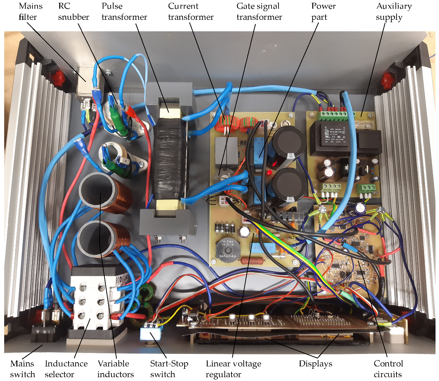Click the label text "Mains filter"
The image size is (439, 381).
click(30, 11)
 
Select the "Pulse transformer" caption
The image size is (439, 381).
click(124, 11)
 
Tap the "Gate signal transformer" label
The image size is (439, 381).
click(259, 11)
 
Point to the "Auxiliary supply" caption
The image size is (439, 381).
click(394, 11)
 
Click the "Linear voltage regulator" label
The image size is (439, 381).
click(233, 369)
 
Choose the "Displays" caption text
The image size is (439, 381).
click(315, 364)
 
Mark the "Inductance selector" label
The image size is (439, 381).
click(66, 369)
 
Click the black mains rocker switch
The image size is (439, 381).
click(45, 333)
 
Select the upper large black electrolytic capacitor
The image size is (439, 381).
click(289, 142)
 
